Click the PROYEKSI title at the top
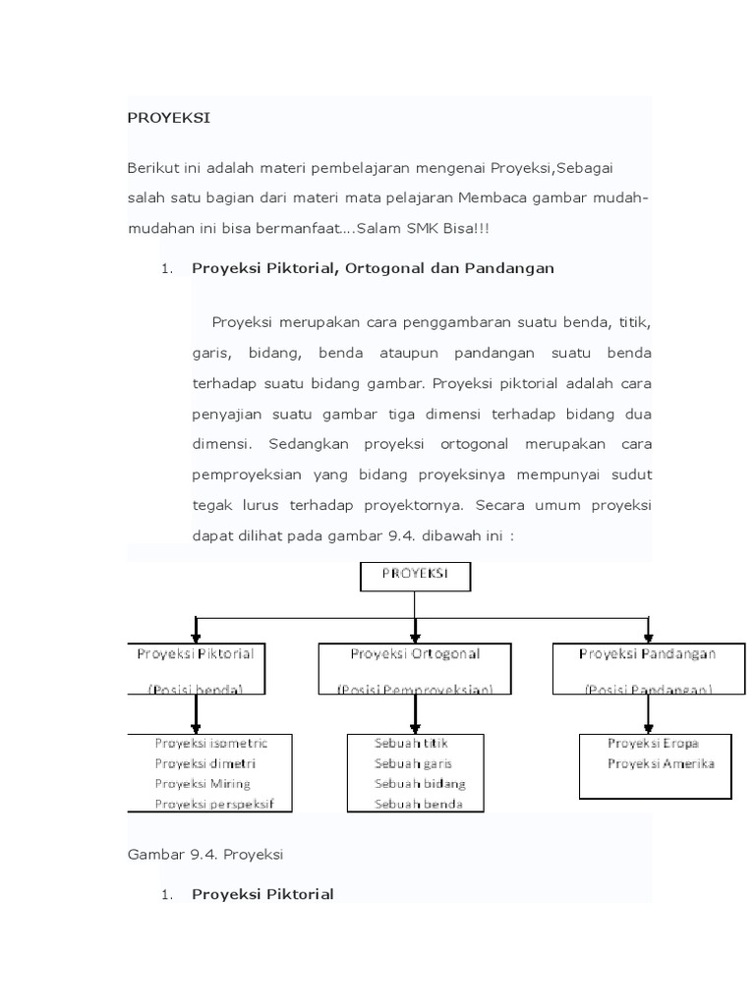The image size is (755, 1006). point(168,118)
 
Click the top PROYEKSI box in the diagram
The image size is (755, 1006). point(414,576)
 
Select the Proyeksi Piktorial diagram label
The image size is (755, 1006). point(195,653)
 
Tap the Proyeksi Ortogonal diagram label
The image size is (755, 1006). point(416,653)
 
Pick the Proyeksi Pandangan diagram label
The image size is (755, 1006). point(647,653)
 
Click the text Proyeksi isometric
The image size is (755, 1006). point(210,743)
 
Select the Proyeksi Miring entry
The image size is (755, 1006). point(203,784)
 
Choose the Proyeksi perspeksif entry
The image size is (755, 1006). point(213,805)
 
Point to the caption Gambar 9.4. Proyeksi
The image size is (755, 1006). point(205,855)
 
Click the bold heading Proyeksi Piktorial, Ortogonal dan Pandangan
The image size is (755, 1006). point(373,267)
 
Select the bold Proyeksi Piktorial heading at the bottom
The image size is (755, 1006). point(262,894)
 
